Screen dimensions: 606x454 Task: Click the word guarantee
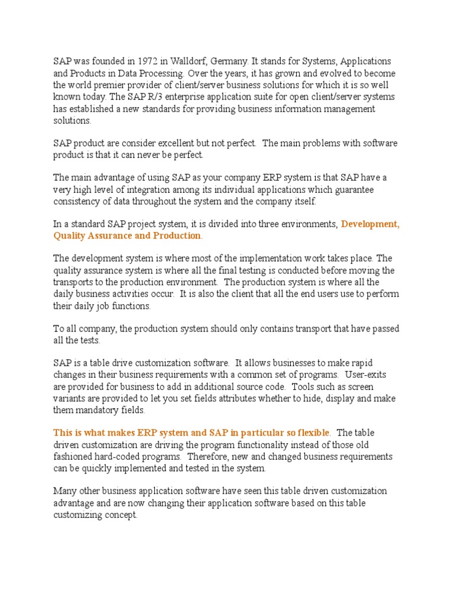369,189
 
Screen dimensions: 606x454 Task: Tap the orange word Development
371,224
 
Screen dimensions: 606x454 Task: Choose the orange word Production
175,236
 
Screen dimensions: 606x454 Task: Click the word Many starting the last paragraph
65,491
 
